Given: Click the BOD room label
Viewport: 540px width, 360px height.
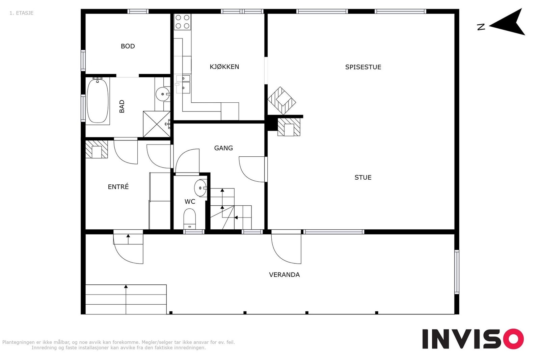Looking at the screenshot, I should pyautogui.click(x=128, y=46).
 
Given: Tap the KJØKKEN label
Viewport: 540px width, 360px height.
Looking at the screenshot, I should pyautogui.click(x=224, y=67).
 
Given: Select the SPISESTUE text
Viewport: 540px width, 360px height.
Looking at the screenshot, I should pyautogui.click(x=363, y=67).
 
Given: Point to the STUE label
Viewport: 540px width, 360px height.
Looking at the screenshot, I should pyautogui.click(x=363, y=178).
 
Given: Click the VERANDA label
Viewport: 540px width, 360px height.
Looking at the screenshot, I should pyautogui.click(x=284, y=275).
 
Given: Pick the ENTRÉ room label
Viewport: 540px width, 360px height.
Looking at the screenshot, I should pyautogui.click(x=118, y=187).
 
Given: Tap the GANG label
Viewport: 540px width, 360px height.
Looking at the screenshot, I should pyautogui.click(x=223, y=148).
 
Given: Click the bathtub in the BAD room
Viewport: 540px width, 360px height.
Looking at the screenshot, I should pyautogui.click(x=98, y=101).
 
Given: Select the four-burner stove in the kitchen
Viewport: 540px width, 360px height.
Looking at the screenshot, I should pyautogui.click(x=182, y=22).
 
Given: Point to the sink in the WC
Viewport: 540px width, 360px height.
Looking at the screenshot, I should pyautogui.click(x=200, y=188).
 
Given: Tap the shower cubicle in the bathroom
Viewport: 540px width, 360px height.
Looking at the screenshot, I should pyautogui.click(x=157, y=124).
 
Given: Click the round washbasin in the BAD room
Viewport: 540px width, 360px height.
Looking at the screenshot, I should pyautogui.click(x=163, y=94).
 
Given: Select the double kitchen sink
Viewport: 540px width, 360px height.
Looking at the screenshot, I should pyautogui.click(x=183, y=84).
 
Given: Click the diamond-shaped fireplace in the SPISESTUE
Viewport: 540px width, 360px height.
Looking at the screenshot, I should pyautogui.click(x=281, y=101).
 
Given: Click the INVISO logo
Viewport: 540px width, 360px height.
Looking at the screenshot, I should pyautogui.click(x=473, y=339).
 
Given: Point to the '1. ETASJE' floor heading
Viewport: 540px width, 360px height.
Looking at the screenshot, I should pyautogui.click(x=21, y=13).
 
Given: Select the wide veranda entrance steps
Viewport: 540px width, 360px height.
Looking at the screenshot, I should pyautogui.click(x=126, y=299).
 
